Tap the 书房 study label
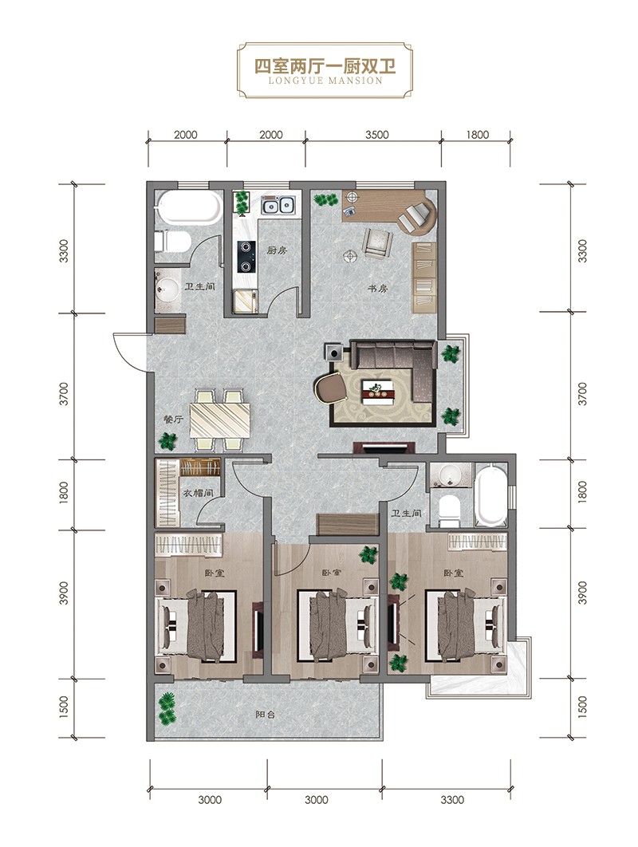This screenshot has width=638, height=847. click(377, 289)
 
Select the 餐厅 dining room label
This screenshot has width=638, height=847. click(172, 420)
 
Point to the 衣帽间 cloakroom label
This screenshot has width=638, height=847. click(197, 493)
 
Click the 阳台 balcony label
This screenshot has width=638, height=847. click(266, 714)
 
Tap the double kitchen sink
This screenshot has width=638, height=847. click(278, 205)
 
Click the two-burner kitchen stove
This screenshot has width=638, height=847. click(246, 257)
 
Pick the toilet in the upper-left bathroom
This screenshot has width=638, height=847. click(171, 242)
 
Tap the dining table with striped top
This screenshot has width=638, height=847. click(220, 420)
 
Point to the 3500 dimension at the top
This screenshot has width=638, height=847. click(376, 135)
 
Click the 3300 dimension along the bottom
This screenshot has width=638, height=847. click(451, 799)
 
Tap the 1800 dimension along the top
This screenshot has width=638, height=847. click(477, 135)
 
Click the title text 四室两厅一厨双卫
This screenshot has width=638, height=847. click(325, 66)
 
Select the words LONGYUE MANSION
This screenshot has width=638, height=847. click(325, 81)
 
